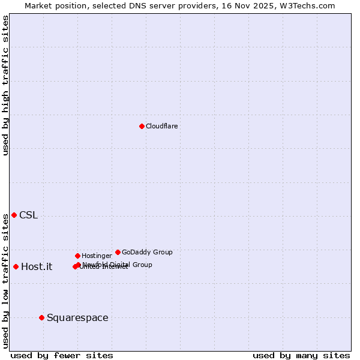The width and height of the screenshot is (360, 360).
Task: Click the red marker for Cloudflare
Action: pyautogui.click(x=142, y=126)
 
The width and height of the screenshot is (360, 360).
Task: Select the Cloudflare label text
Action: pyautogui.click(x=161, y=126)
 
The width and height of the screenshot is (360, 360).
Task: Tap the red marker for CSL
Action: pyautogui.click(x=14, y=215)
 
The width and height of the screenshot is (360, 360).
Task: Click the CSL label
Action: pyautogui.click(x=28, y=215)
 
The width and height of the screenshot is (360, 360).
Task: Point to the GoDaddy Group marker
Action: pyautogui.click(x=118, y=252)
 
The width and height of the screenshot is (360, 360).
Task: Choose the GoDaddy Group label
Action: pyautogui.click(x=147, y=252)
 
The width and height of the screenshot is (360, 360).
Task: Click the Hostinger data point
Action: pyautogui.click(x=77, y=256)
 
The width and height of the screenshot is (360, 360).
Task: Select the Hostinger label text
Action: pyautogui.click(x=97, y=256)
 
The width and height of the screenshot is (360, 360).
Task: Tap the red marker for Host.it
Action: pyautogui.click(x=16, y=266)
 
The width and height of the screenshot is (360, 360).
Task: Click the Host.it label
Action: pyautogui.click(x=37, y=267)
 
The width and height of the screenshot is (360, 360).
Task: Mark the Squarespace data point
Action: pyautogui.click(x=41, y=317)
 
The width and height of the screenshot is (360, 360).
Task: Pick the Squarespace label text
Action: pyautogui.click(x=77, y=318)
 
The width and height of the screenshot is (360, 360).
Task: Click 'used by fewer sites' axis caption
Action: pyautogui.click(x=62, y=355)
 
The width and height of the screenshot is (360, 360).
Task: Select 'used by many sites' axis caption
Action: pyautogui.click(x=301, y=355)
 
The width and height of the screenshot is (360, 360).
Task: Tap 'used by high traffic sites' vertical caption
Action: pyautogui.click(x=5, y=85)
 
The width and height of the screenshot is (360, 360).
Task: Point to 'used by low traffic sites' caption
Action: pyautogui.click(x=5, y=281)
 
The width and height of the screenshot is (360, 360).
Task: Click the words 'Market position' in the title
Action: pyautogui.click(x=53, y=5)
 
